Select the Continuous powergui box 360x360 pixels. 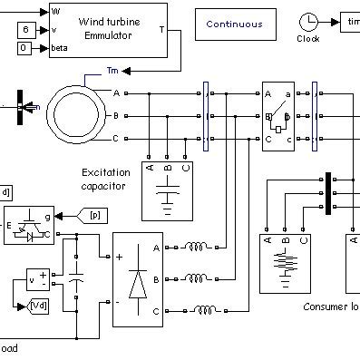click(232, 24)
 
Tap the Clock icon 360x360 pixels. click(309, 22)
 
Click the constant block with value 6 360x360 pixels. click(26, 30)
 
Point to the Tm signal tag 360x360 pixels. click(112, 70)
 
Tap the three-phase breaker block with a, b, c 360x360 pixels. click(278, 116)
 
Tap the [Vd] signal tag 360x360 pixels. click(39, 306)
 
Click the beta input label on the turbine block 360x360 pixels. click(59, 47)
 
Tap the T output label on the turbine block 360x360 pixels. click(161, 29)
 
